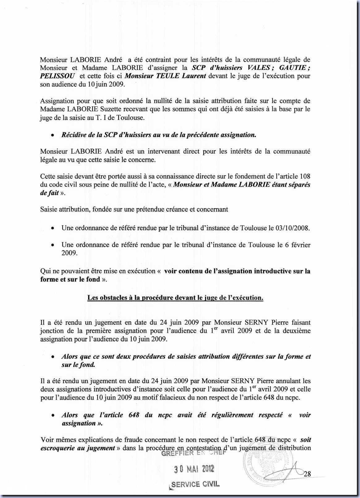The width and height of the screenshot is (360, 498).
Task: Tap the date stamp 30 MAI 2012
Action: point(194,469)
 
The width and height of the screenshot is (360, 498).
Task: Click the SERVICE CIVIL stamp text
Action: point(195,484)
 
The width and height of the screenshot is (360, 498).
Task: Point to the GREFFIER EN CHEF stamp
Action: point(194,453)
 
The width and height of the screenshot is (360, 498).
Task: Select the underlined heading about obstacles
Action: point(175,298)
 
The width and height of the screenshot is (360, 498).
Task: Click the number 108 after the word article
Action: point(305,176)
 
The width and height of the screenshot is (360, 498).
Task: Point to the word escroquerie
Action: point(57,448)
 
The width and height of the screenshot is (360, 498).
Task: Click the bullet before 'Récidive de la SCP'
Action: point(53,135)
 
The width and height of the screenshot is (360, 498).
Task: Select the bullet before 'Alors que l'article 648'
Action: point(53,415)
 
